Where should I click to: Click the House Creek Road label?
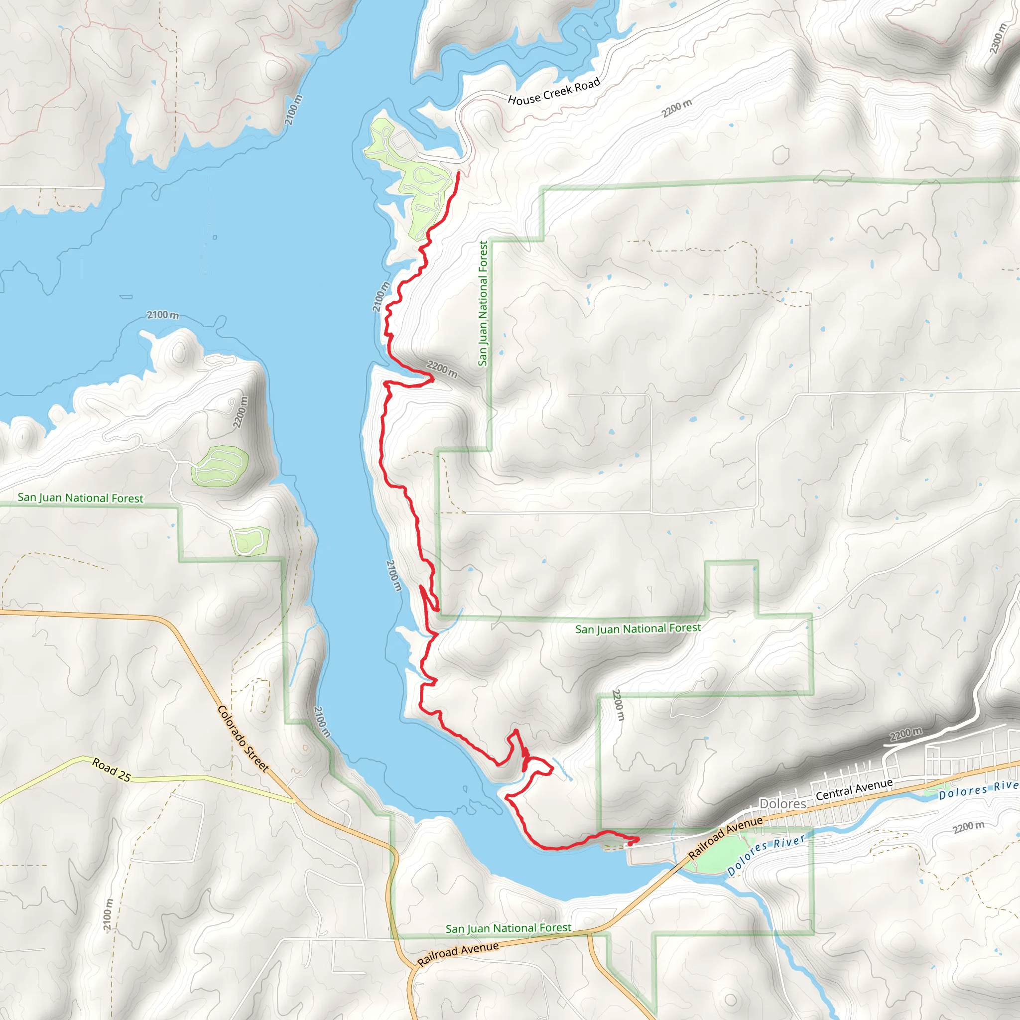(x=554, y=91)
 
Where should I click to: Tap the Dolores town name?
(x=782, y=803)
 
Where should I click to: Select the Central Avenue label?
(x=854, y=789)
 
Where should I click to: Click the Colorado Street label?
(x=244, y=739)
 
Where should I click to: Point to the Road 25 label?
(x=112, y=769)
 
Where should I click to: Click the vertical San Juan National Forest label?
(x=483, y=304)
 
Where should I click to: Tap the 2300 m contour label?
(x=997, y=38)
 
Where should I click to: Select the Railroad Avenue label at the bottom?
(x=458, y=953)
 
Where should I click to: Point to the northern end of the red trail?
(x=458, y=173)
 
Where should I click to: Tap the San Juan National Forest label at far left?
(x=80, y=498)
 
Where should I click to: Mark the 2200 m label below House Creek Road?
(x=677, y=108)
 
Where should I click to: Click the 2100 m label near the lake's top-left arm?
(x=294, y=110)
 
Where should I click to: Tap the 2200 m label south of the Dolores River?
(x=968, y=827)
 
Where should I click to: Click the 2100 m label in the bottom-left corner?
(x=108, y=914)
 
